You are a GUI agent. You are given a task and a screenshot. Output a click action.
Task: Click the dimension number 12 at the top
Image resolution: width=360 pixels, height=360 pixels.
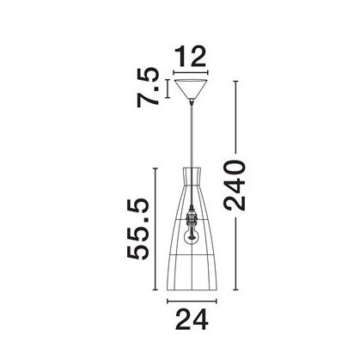click(191, 56)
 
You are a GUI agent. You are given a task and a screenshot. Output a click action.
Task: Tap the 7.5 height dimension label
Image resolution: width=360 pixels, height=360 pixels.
click(148, 88)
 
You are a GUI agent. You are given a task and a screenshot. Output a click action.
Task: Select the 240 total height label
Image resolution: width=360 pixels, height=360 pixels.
click(235, 185)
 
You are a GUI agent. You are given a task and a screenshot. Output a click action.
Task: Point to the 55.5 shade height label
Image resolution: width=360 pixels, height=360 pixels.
click(138, 229)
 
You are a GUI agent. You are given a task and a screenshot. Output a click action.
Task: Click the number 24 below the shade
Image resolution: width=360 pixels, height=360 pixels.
click(192, 320)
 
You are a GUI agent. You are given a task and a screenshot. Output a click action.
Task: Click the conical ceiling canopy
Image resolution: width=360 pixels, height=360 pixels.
click(191, 88)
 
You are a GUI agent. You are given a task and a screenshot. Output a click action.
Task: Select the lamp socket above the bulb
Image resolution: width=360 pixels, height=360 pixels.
click(191, 217)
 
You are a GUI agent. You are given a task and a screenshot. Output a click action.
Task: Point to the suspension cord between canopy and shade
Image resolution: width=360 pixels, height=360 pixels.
click(191, 135)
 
